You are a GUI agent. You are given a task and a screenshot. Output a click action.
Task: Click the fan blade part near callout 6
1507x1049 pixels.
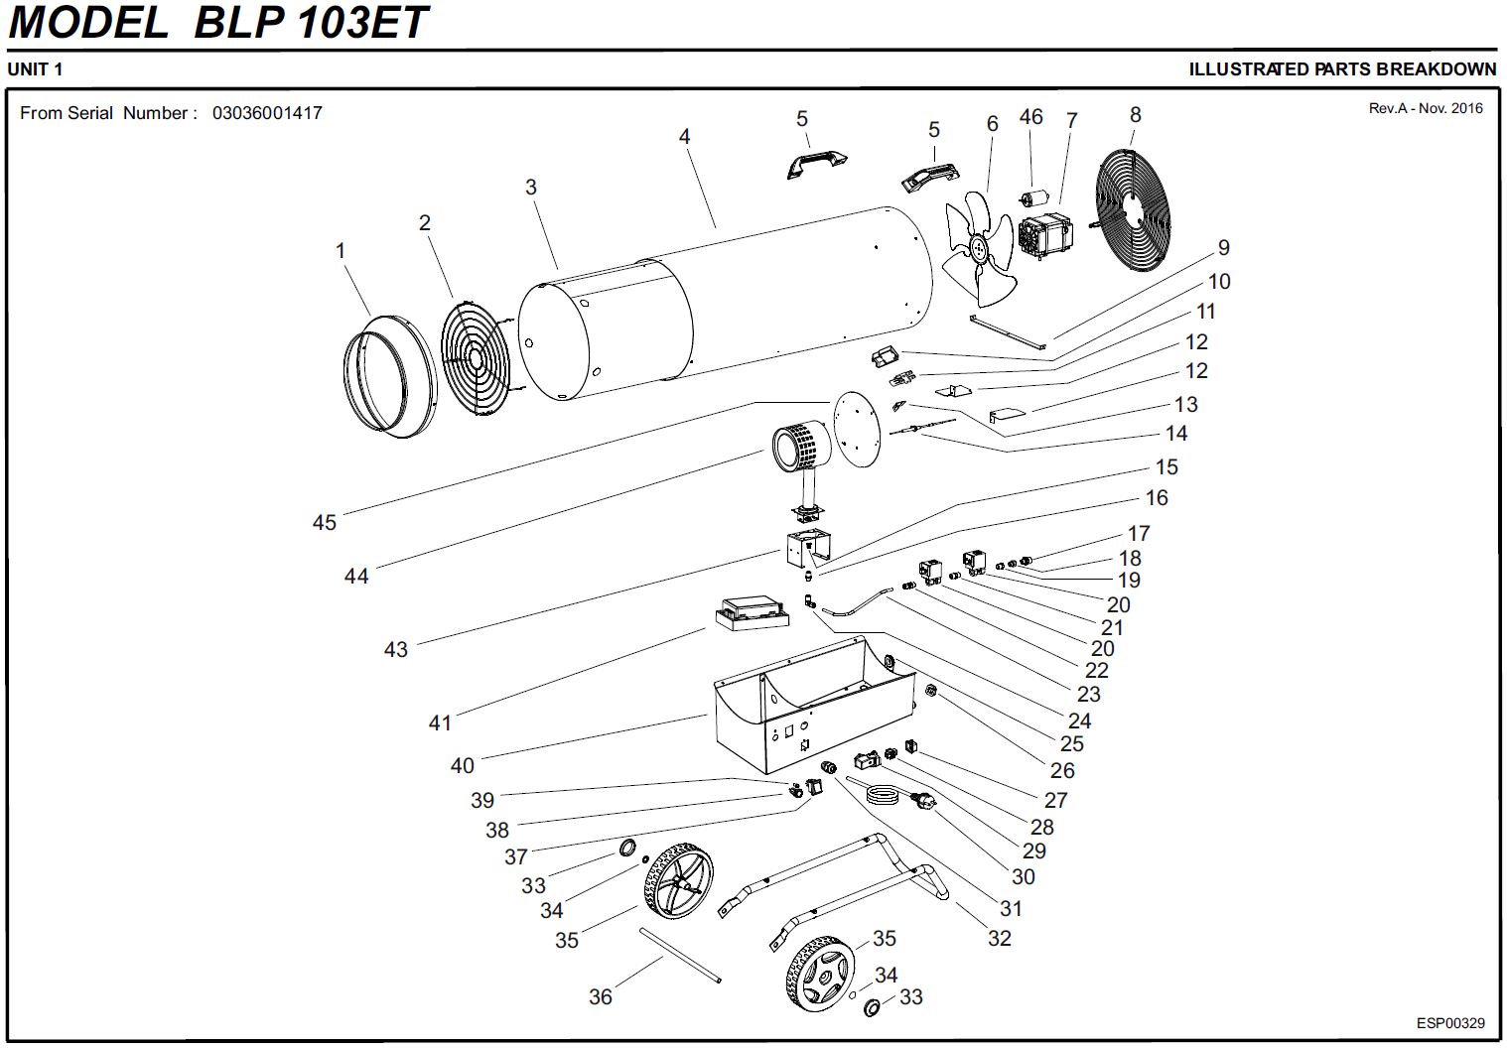click(978, 248)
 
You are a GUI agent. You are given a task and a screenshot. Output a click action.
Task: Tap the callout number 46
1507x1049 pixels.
click(1030, 117)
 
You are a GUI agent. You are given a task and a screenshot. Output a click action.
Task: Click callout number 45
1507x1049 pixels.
click(325, 522)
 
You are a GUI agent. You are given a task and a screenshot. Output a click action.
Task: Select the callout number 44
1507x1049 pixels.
click(356, 576)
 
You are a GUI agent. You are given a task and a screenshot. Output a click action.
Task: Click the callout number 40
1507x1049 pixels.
click(463, 765)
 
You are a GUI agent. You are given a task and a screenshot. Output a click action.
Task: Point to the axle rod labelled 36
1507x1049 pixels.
click(680, 956)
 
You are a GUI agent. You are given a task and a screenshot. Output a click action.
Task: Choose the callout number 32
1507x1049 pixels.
click(999, 938)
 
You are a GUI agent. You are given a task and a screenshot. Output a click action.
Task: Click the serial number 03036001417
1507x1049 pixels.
click(267, 113)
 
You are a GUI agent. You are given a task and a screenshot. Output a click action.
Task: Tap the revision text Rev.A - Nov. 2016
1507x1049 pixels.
click(1425, 108)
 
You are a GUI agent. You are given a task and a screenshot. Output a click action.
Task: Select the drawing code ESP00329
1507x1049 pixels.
click(1450, 1023)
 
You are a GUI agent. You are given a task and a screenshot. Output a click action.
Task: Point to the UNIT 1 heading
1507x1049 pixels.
click(35, 69)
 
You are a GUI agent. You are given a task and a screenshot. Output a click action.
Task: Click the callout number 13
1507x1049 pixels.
click(1185, 404)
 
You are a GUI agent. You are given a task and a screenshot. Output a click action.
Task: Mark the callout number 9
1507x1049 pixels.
click(1223, 248)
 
